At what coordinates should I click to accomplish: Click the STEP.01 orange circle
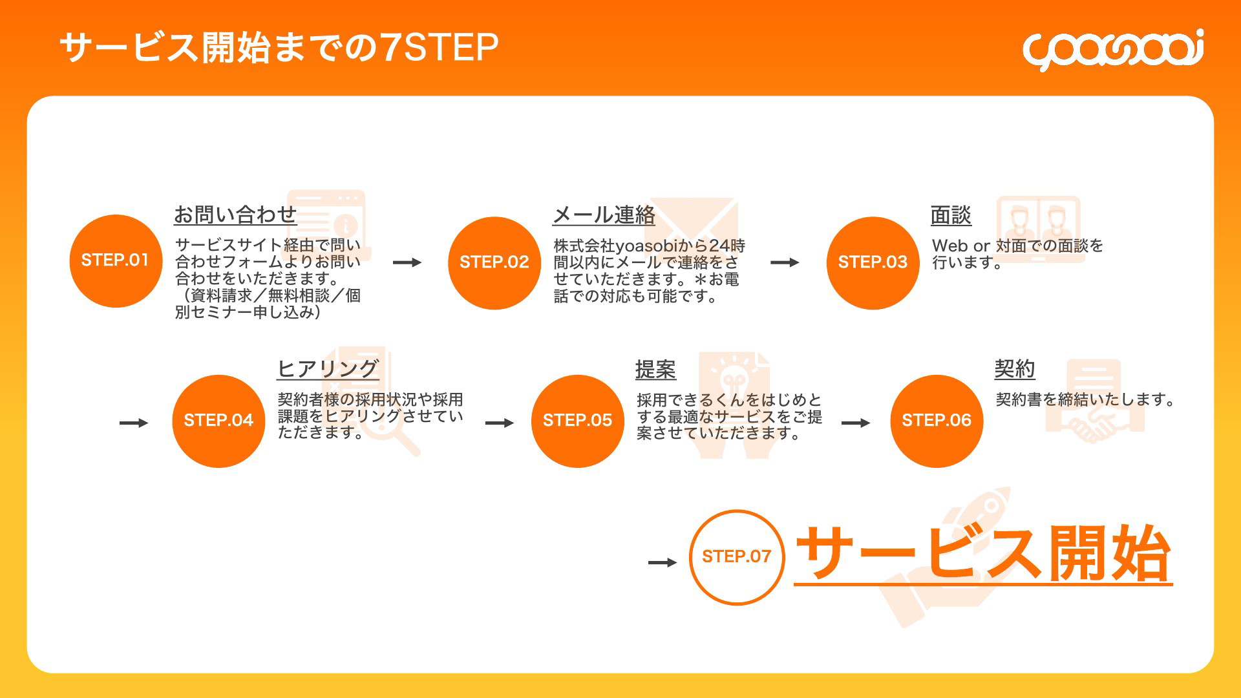click(x=116, y=260)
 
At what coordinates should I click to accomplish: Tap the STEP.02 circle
click(x=494, y=262)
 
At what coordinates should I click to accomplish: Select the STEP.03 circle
click(x=873, y=262)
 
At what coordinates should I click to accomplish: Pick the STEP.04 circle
click(x=218, y=421)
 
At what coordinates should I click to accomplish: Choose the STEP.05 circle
click(x=578, y=421)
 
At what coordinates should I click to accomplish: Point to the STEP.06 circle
click(x=937, y=421)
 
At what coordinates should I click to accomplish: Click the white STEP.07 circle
click(x=737, y=557)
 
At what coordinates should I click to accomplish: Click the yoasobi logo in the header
click(x=1113, y=49)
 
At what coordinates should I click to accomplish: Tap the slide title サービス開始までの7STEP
click(x=279, y=48)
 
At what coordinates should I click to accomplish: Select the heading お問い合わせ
click(x=235, y=215)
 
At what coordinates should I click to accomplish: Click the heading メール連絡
click(x=604, y=215)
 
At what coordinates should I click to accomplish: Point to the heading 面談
click(x=951, y=215)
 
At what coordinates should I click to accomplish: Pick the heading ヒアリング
click(x=328, y=369)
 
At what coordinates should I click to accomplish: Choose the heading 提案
click(x=655, y=370)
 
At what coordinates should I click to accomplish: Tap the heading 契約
click(x=1015, y=369)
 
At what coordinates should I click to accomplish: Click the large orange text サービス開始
click(x=983, y=554)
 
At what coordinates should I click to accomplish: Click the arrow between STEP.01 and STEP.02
click(x=407, y=262)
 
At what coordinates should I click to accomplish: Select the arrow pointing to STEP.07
click(x=663, y=562)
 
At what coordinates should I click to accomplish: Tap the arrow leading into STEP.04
click(x=134, y=423)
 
